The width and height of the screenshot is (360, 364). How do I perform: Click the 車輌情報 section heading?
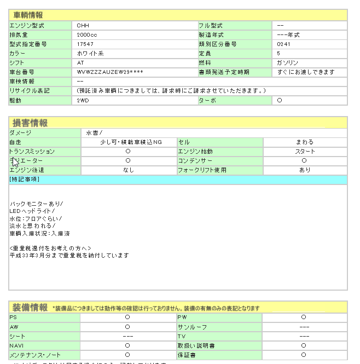coord(28,15)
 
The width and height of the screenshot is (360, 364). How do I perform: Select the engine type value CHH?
coord(83,26)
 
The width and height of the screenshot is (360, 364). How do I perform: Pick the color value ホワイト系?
coord(90,54)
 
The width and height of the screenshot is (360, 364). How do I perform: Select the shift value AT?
coord(80,63)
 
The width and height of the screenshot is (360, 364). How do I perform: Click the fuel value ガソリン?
coord(288,63)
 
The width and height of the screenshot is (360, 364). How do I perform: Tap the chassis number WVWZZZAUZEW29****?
coord(110,72)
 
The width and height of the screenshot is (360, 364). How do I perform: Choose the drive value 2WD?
coord(83,101)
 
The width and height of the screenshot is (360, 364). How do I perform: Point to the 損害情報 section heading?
coord(30,123)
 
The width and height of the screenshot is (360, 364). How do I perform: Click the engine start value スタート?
coord(305,152)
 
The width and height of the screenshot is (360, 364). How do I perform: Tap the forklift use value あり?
coord(305,170)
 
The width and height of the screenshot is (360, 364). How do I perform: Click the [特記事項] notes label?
coord(24,180)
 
